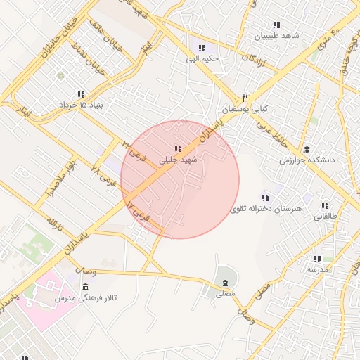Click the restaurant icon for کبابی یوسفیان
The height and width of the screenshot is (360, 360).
[245, 98]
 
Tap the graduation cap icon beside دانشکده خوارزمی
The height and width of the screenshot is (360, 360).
[307, 149]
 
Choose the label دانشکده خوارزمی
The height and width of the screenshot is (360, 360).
[307, 160]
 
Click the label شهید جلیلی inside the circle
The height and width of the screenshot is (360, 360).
[179, 160]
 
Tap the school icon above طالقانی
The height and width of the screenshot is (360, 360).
[325, 205]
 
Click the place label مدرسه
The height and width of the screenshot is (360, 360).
[318, 269]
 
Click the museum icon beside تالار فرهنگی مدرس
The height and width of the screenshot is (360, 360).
[85, 288]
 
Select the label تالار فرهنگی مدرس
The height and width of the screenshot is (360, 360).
[86, 299]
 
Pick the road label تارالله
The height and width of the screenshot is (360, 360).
[55, 226]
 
